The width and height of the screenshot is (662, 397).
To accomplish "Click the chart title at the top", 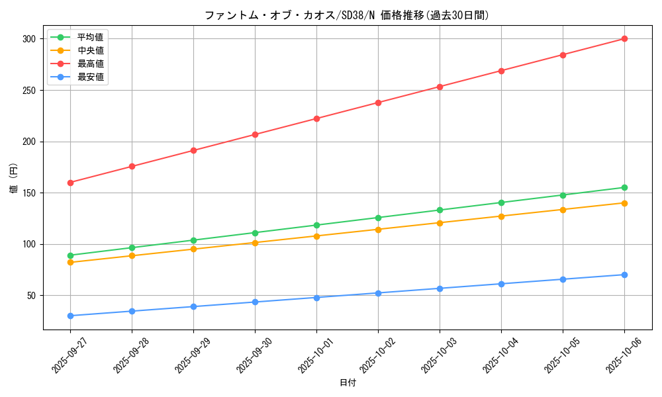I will coord(347,15).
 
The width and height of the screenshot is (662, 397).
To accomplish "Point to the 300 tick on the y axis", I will coord(29,39).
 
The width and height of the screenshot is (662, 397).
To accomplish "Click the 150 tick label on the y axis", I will coord(29,193).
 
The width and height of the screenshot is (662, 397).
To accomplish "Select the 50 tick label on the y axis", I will coord(32,296).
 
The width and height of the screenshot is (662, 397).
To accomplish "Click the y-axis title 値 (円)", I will coord(14,179).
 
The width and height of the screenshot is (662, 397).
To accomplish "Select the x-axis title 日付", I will coord(347,383).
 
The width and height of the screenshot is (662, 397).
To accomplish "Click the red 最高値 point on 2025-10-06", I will coord(624,39).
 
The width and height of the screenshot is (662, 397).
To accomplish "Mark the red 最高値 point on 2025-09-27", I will coord(70,183).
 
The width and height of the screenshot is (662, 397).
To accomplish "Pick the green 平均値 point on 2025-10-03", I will coord(440,210).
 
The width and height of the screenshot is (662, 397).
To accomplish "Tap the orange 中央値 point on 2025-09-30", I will coord(255,243).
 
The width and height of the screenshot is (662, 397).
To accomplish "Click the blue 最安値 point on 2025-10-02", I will coord(378,293).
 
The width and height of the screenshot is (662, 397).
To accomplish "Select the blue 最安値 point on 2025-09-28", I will coord(132,311).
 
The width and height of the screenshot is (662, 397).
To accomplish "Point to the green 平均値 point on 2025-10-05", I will coord(563,195).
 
